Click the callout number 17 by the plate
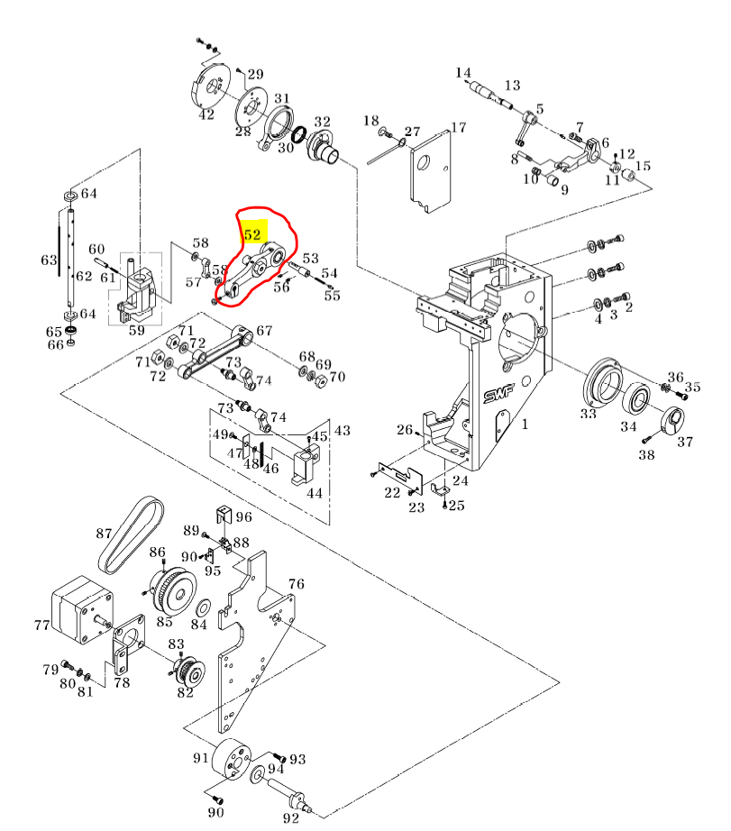pos(459,128)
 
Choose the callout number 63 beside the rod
pos(49,260)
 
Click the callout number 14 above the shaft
pos(463,72)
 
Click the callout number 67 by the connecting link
pos(264,331)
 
